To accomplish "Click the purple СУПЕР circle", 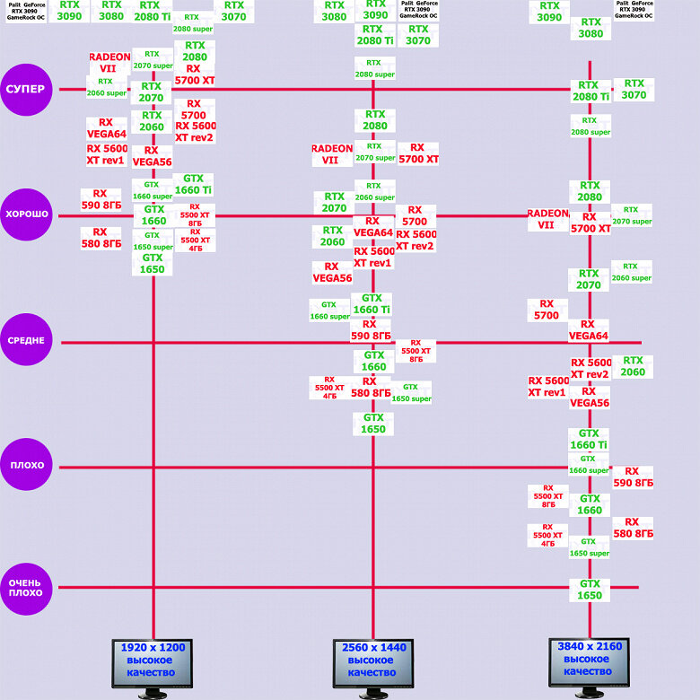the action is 26,89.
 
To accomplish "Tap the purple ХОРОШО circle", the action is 26,214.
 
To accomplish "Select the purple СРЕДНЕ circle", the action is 26,340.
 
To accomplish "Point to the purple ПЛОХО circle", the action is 26,464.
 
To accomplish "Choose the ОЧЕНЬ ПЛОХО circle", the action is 26,589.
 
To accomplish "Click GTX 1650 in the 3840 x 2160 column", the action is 590,590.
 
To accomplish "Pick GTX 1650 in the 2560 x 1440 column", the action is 373,424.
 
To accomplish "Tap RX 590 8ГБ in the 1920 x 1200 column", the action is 101,199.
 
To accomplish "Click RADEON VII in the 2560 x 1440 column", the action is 332,154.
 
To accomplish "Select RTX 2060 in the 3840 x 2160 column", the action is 633,366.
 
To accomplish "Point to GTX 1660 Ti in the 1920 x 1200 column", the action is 193,184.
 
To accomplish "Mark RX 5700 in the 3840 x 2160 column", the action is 547,310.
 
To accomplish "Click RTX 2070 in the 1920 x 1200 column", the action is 152,92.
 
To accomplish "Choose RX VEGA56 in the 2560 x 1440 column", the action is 332,272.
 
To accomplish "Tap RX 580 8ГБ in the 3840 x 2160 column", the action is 633,528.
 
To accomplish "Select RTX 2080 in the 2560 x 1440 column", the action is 375,120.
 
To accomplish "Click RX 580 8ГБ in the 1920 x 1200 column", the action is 101,238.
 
